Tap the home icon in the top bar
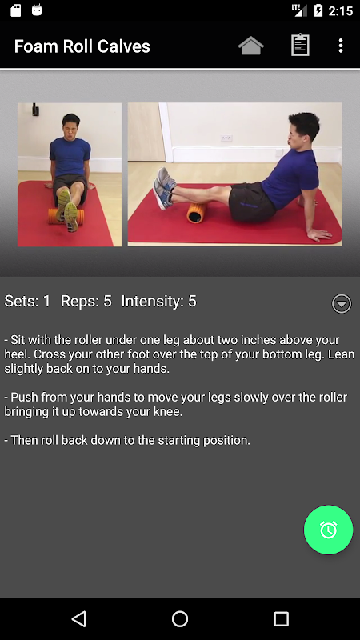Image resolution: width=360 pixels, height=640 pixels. click(x=250, y=46)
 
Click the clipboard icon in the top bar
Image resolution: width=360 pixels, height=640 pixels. click(x=300, y=45)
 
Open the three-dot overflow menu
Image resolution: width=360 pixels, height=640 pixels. click(x=341, y=46)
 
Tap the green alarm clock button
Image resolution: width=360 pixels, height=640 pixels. click(x=328, y=530)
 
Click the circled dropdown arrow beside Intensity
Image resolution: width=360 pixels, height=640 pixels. click(x=342, y=303)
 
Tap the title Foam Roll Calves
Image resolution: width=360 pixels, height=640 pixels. click(x=82, y=46)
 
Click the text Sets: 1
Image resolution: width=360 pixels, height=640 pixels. click(x=27, y=302)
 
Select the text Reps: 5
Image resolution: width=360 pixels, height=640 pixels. click(x=86, y=302)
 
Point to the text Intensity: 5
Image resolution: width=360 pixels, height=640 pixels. click(x=158, y=302)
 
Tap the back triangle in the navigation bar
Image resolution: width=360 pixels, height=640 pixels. click(x=78, y=618)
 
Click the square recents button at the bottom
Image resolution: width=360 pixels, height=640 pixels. click(x=281, y=618)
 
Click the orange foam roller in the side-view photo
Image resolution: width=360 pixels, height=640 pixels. click(x=198, y=212)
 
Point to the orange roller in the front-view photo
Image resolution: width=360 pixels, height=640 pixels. click(x=66, y=216)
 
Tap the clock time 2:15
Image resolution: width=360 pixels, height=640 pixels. click(x=341, y=11)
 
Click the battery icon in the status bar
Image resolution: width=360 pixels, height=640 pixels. click(x=318, y=10)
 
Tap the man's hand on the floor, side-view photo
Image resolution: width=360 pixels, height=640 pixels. click(x=319, y=234)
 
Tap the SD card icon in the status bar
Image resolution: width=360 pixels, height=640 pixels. click(x=15, y=10)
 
